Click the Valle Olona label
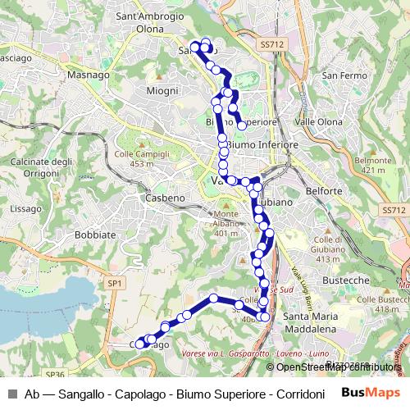pyautogui.click(x=318, y=121)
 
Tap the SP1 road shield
pyautogui.click(x=114, y=283)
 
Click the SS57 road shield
pyautogui.click(x=394, y=211)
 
